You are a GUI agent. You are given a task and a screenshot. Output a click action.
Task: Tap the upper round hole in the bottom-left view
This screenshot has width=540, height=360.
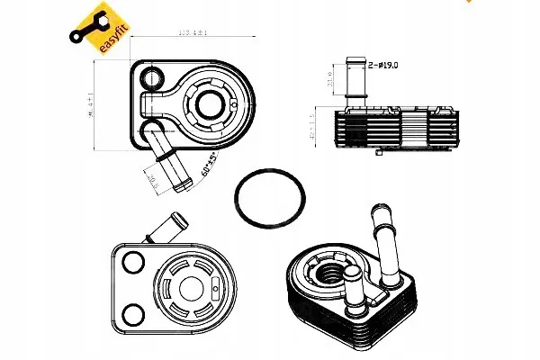133,262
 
